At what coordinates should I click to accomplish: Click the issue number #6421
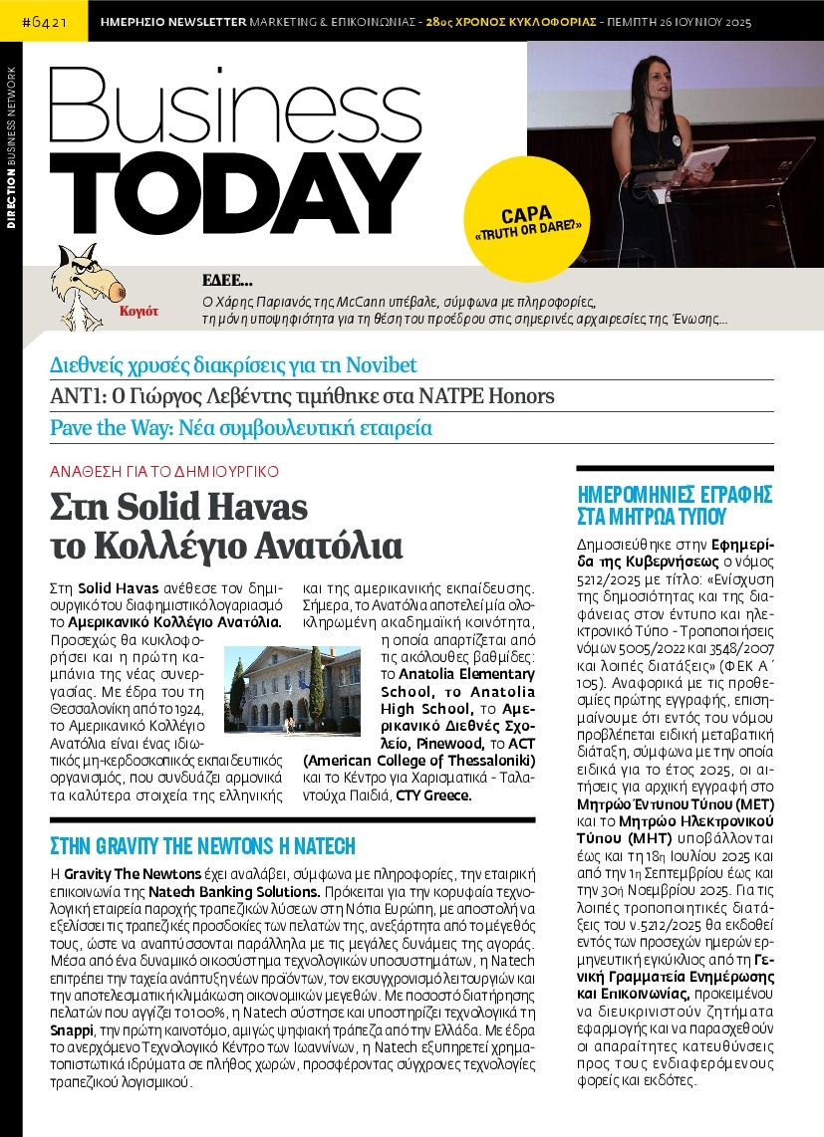(44, 20)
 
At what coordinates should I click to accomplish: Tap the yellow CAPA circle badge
(527, 218)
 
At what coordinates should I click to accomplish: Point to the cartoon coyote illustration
(82, 287)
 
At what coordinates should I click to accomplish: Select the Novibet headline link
(233, 364)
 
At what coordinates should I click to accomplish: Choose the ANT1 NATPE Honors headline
(301, 396)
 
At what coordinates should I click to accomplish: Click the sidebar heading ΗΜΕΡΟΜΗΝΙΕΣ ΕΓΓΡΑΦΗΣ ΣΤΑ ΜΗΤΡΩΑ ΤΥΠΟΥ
(676, 505)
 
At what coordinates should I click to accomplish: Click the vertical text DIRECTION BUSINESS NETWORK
(11, 148)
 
